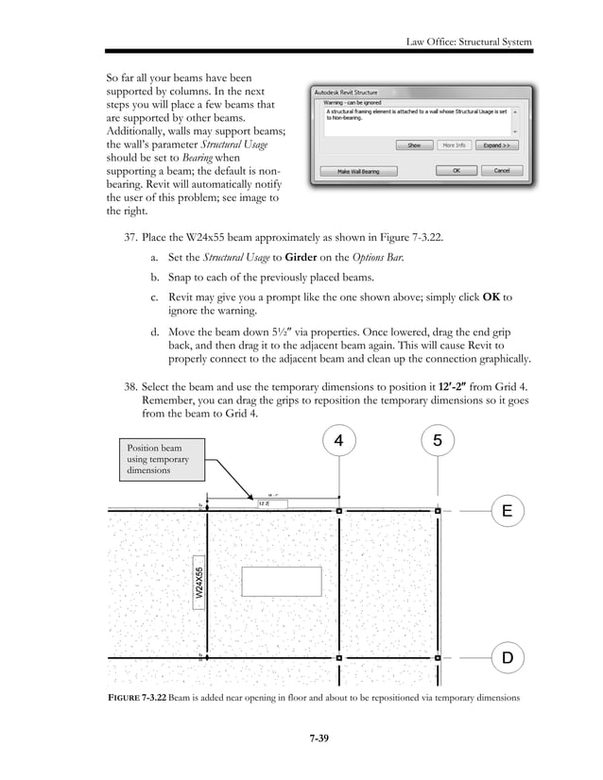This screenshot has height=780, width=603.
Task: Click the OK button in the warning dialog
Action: [456, 171]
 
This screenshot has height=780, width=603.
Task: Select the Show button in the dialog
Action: [414, 146]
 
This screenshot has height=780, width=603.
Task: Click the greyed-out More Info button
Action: [455, 146]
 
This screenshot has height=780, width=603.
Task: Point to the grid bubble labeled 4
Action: [339, 440]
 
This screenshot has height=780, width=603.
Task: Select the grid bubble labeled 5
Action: [436, 440]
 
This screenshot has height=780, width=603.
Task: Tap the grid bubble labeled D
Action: [508, 656]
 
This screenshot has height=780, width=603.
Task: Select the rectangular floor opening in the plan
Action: [281, 582]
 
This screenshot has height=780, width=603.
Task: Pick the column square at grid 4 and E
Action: [339, 511]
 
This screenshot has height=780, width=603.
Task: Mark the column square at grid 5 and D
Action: [436, 656]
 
